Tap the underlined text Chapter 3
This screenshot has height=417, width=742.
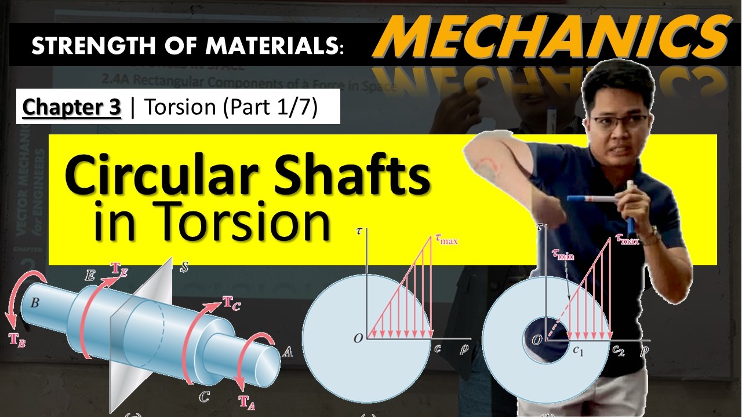(x=72, y=108)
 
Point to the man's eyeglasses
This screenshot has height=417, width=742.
(x=619, y=122)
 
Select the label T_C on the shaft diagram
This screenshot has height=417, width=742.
(x=231, y=302)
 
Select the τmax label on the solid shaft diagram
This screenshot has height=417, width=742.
(x=445, y=239)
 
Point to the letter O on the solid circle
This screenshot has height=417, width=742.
(x=358, y=338)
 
